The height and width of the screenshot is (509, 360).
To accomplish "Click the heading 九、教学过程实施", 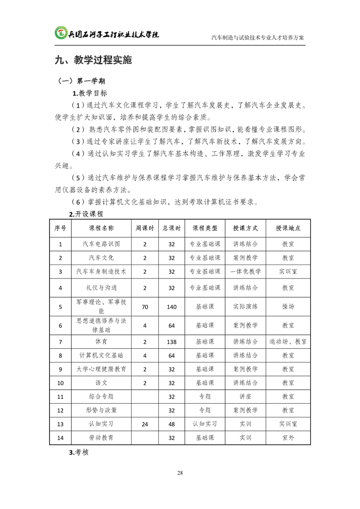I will (x=93, y=60).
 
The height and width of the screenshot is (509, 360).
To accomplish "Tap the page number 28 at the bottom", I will (x=180, y=473).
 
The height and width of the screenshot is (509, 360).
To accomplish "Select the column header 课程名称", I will (x=101, y=228).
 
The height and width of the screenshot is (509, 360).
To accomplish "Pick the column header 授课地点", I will (x=288, y=228).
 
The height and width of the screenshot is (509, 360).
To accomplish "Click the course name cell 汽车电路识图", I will (x=101, y=244).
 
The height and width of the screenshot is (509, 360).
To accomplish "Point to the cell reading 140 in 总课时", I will (x=172, y=307).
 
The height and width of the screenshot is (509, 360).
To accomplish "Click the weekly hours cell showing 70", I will (x=145, y=307).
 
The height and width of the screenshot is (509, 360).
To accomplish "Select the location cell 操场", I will (x=288, y=307).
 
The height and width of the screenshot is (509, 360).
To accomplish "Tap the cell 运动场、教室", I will (x=288, y=341).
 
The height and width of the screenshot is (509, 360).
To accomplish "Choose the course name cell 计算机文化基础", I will (x=101, y=355).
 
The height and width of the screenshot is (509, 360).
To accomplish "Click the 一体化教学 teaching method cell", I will (x=246, y=272).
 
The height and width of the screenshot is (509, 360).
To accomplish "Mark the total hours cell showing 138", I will (x=172, y=341).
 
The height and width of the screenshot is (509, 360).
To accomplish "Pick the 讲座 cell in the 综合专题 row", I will (x=246, y=396).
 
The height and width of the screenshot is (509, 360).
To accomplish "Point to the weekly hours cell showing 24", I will (x=145, y=424).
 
